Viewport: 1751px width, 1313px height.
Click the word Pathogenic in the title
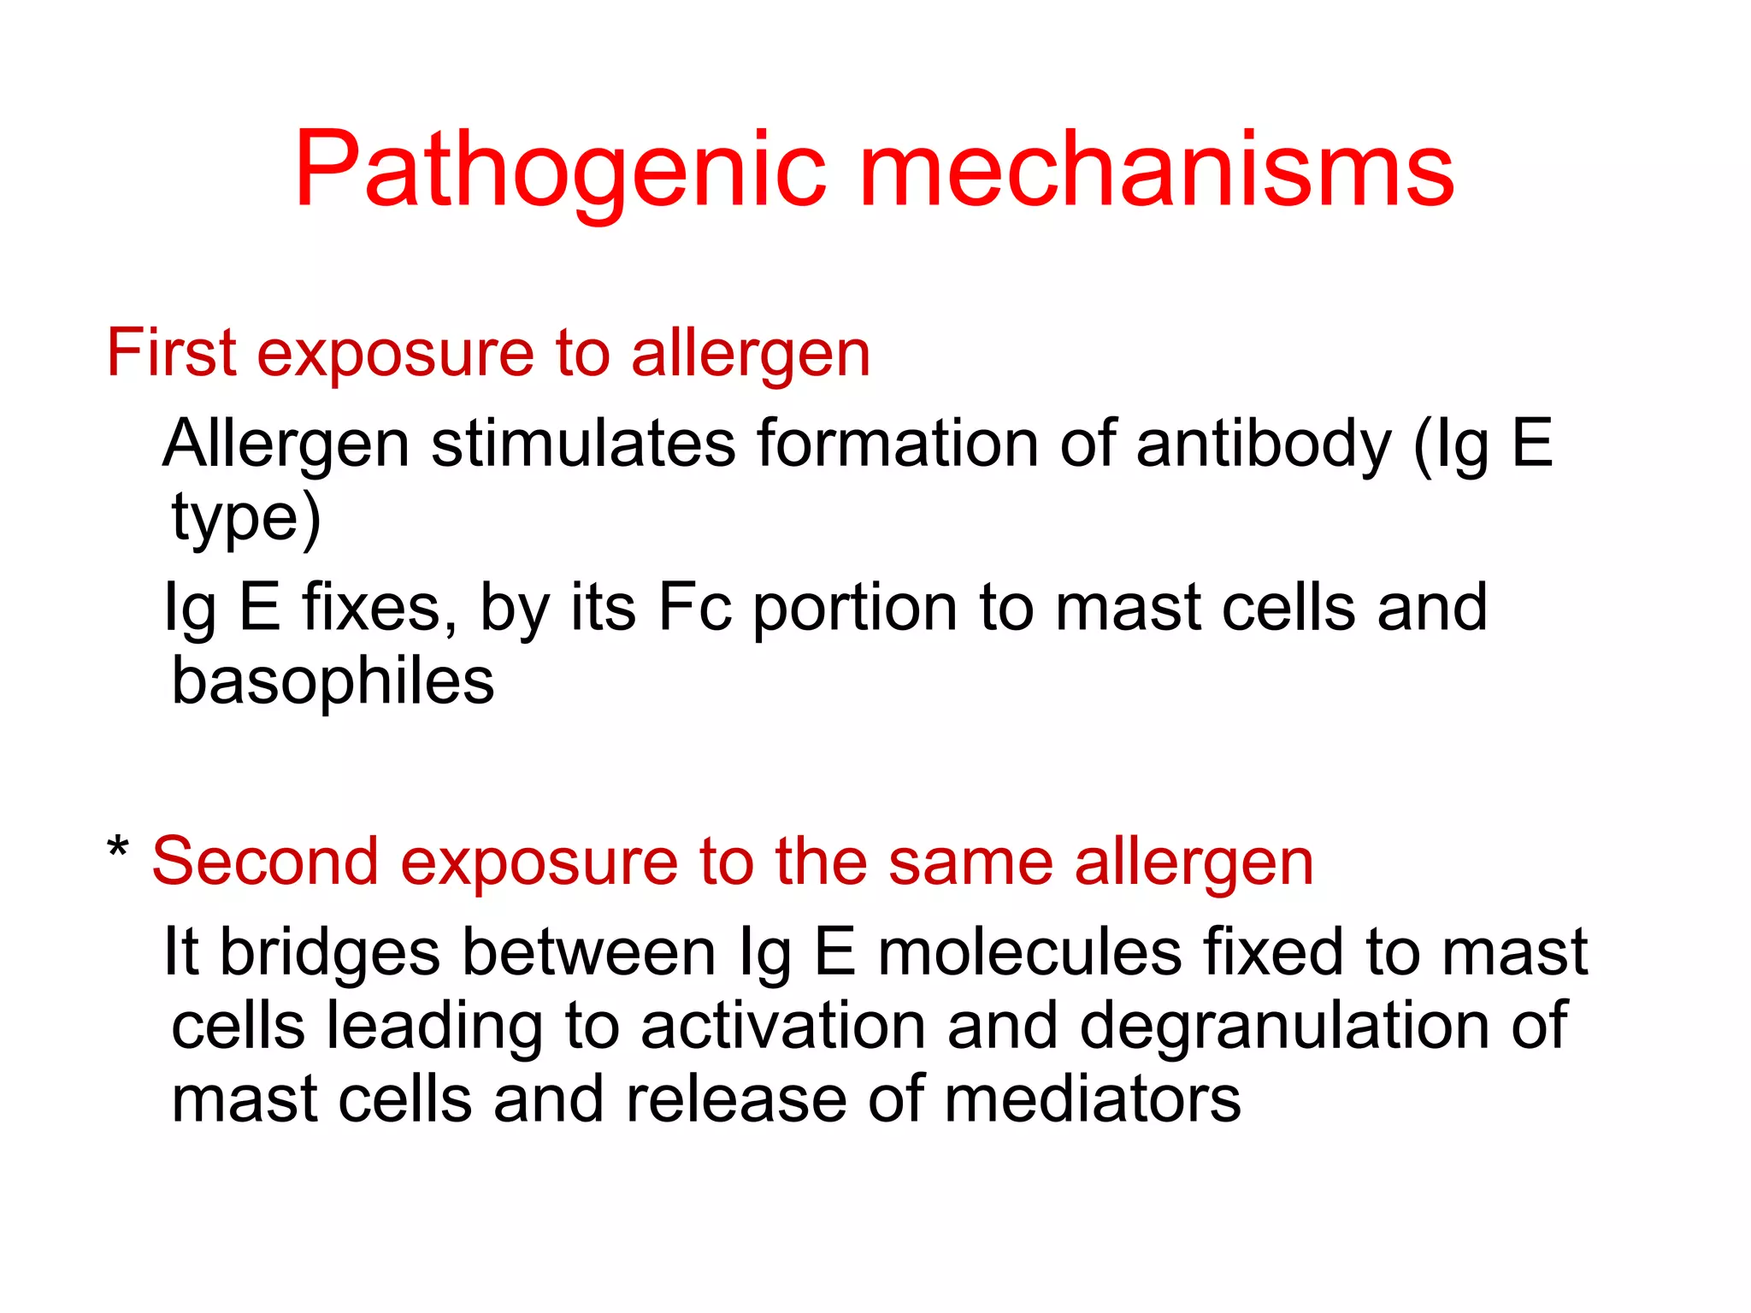click(560, 171)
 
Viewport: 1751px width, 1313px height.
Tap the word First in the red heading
click(171, 352)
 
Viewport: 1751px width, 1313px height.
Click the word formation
click(898, 444)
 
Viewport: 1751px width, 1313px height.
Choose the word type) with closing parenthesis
click(246, 518)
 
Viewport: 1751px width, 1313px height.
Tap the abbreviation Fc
click(694, 608)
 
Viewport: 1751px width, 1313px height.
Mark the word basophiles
click(333, 682)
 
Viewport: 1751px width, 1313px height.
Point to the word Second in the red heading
click(265, 862)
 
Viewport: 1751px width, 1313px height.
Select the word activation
click(783, 1026)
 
